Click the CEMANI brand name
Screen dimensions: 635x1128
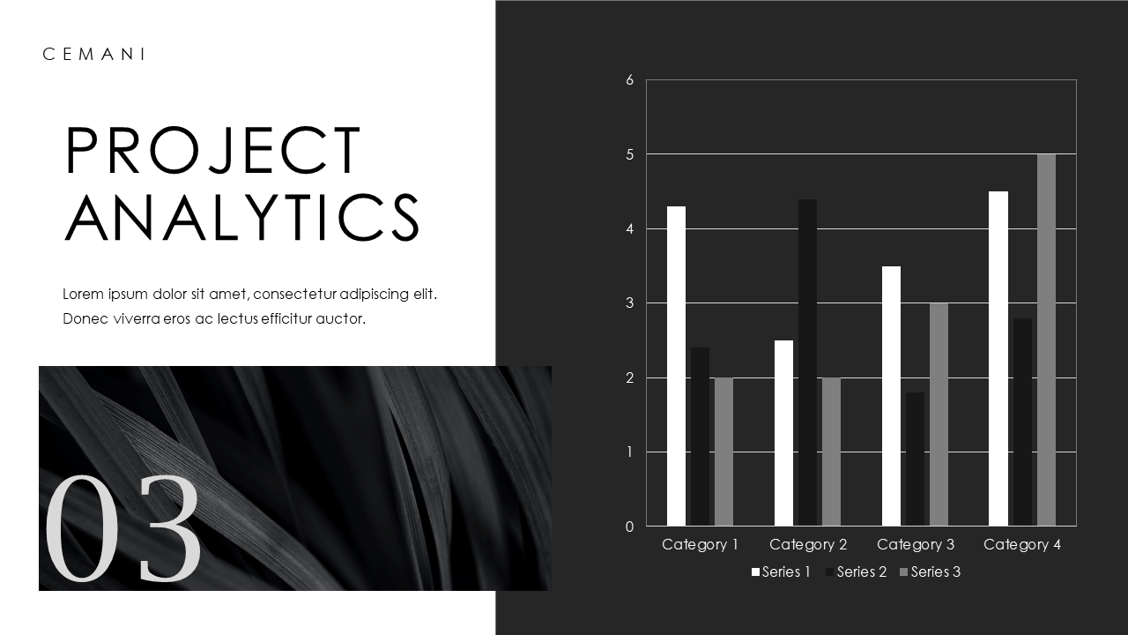(x=93, y=55)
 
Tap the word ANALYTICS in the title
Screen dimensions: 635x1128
(x=243, y=217)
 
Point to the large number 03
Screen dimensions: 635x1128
(x=122, y=529)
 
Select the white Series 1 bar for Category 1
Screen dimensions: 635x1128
(x=676, y=366)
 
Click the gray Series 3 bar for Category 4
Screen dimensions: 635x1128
(x=1046, y=340)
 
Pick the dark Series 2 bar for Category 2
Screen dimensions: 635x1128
(x=807, y=362)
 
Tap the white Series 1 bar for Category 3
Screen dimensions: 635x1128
(x=891, y=396)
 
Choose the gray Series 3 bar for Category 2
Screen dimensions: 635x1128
(x=831, y=452)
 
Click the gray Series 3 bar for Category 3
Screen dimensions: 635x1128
(x=939, y=415)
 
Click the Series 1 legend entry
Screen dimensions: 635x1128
(x=781, y=572)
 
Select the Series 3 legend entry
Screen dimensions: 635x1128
(x=930, y=572)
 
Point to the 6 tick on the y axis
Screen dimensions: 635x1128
(x=629, y=80)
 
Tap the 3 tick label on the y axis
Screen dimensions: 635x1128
(x=629, y=303)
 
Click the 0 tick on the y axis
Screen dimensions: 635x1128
(x=629, y=527)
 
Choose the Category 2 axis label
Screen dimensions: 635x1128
(x=808, y=545)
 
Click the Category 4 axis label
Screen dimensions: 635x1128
(x=1022, y=545)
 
